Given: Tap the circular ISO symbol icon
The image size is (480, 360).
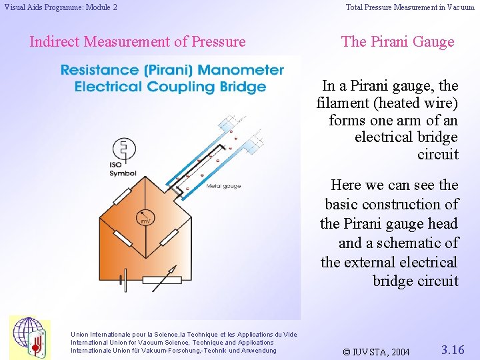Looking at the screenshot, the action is click(x=122, y=148).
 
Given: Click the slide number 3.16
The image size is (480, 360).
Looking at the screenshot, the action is click(x=453, y=349).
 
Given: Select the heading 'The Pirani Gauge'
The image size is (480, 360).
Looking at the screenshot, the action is click(x=397, y=41).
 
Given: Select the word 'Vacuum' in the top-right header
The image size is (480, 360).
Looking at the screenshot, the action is click(x=461, y=7).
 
